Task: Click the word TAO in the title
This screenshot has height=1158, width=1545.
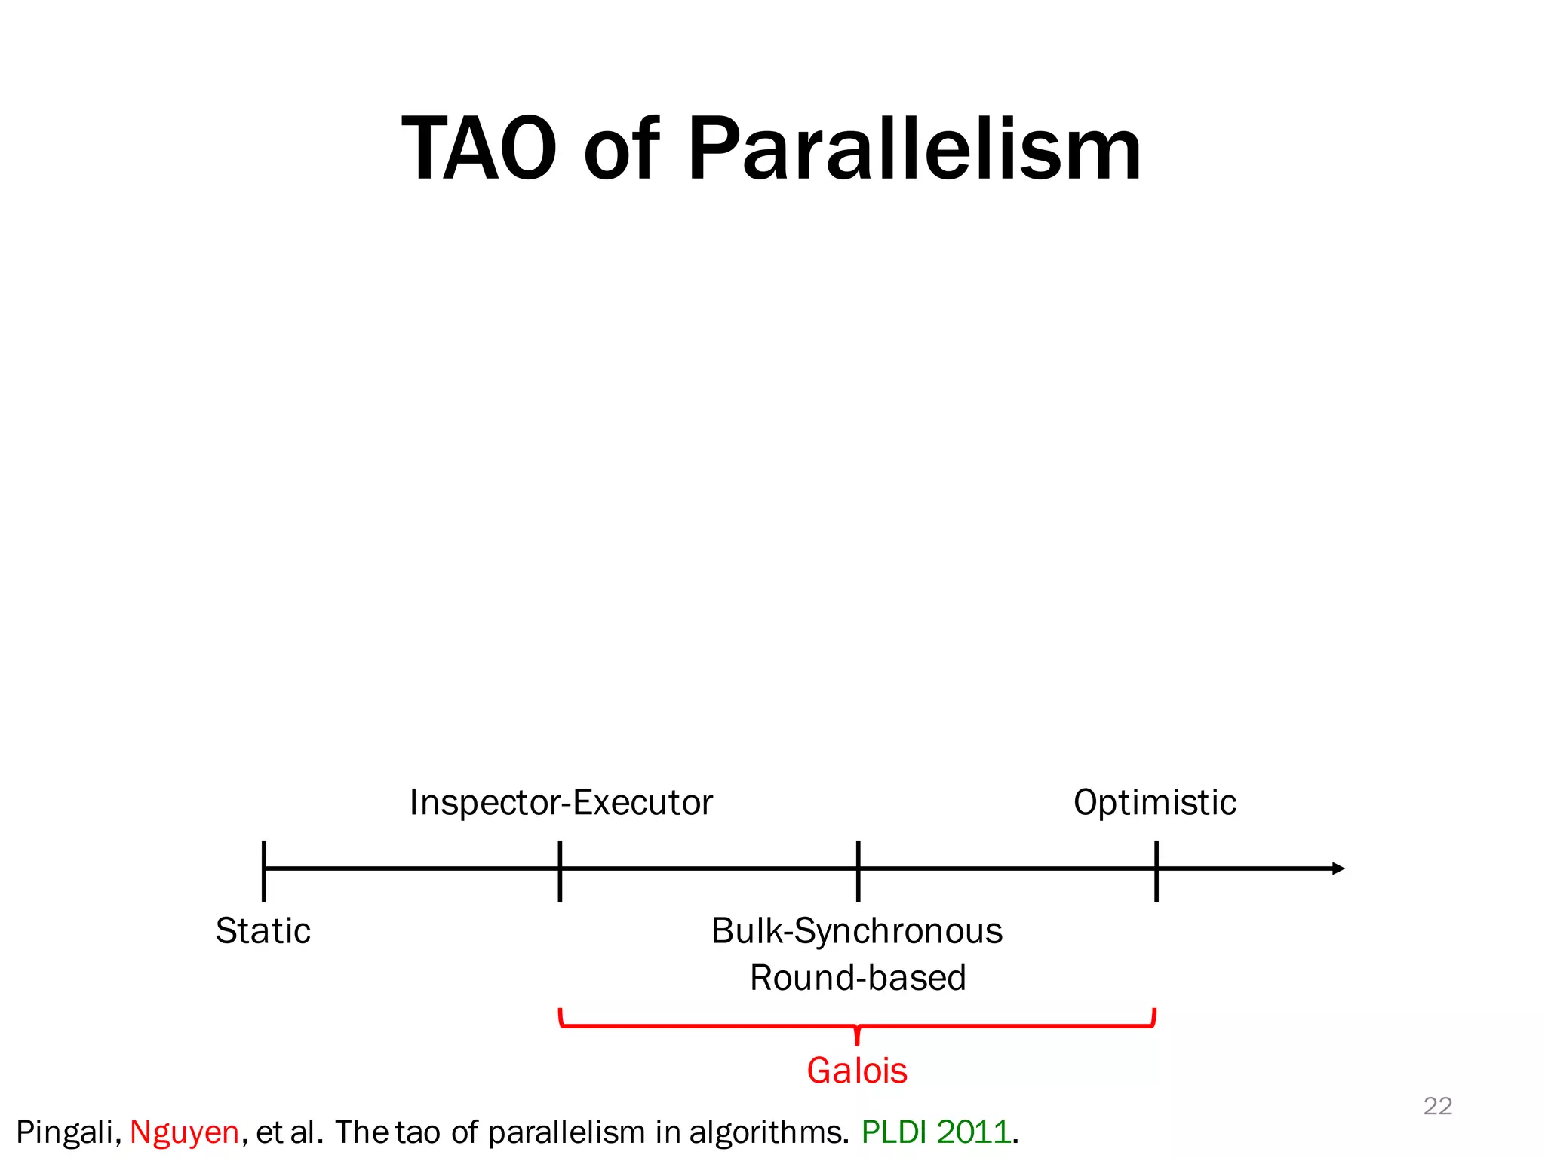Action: pyautogui.click(x=479, y=149)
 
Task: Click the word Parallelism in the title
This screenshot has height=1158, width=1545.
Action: pyautogui.click(x=914, y=149)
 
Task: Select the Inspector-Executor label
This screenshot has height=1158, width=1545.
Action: pyautogui.click(x=561, y=802)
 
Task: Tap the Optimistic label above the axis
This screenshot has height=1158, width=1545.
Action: pyautogui.click(x=1154, y=802)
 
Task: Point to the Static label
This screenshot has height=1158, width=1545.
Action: pyautogui.click(x=263, y=930)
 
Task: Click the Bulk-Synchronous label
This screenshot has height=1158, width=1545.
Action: pyautogui.click(x=857, y=930)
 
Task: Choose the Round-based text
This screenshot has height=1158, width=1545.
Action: pyautogui.click(x=858, y=978)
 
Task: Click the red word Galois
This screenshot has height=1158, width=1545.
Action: pyautogui.click(x=857, y=1071)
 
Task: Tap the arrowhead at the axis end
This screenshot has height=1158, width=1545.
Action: pyautogui.click(x=1338, y=868)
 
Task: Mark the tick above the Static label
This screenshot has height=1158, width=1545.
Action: pyautogui.click(x=264, y=871)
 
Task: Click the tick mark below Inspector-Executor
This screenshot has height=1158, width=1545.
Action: pyautogui.click(x=560, y=871)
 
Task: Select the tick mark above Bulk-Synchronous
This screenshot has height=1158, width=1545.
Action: pyautogui.click(x=858, y=871)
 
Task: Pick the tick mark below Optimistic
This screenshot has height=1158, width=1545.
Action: pyautogui.click(x=1156, y=871)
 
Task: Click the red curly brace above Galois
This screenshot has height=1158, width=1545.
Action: pyautogui.click(x=857, y=1026)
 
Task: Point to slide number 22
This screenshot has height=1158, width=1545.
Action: pyautogui.click(x=1437, y=1106)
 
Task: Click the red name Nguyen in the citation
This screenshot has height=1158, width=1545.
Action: pyautogui.click(x=184, y=1132)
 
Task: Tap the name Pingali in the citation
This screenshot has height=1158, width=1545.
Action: pyautogui.click(x=67, y=1132)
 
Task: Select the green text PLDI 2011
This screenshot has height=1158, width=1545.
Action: pyautogui.click(x=936, y=1132)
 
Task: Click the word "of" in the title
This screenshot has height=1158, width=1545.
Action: pyautogui.click(x=621, y=149)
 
